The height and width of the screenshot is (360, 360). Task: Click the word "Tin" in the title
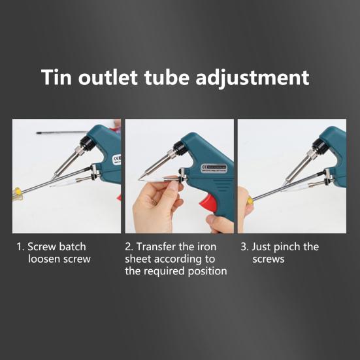56,77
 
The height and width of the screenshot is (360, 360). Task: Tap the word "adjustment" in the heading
252,78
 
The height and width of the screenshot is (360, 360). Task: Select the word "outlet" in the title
108,77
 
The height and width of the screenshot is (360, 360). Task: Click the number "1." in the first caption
20,247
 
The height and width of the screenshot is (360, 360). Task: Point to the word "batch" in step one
73,246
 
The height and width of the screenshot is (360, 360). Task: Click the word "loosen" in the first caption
44,259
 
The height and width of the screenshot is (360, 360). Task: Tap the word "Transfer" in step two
156,246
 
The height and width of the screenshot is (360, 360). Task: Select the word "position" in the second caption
207,271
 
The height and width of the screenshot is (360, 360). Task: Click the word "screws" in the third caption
269,259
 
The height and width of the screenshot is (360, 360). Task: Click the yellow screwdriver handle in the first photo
16,193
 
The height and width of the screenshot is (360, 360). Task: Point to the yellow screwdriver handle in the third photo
250,200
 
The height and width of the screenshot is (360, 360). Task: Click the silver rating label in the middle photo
214,169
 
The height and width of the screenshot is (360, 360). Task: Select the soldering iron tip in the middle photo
141,177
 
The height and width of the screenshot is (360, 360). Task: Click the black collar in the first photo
86,142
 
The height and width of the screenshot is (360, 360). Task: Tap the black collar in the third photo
319,146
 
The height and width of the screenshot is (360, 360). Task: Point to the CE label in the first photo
117,159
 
